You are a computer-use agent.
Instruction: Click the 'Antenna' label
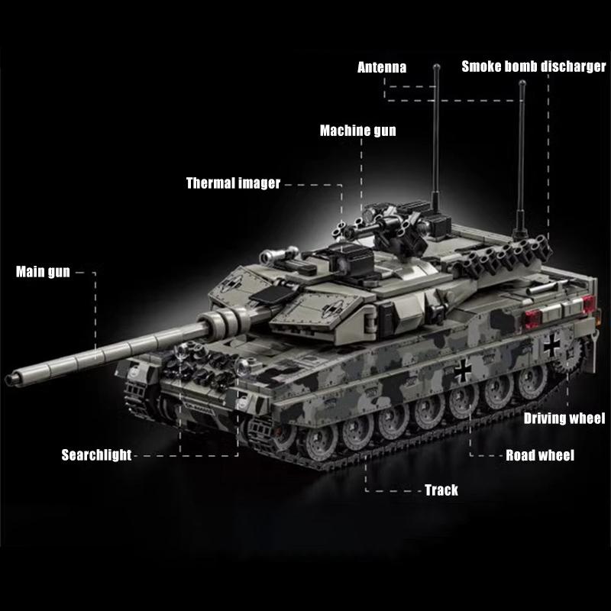(382, 67)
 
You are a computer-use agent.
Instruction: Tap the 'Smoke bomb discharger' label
(533, 66)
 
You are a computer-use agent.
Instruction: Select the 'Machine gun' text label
(357, 131)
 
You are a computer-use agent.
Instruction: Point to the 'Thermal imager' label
(233, 183)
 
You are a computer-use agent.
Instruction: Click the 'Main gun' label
(43, 271)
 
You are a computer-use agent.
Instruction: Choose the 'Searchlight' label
(96, 456)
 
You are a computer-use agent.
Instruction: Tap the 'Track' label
(441, 490)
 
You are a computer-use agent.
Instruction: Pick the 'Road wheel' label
(540, 456)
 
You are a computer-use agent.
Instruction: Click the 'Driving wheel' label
(564, 418)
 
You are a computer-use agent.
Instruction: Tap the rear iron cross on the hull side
(551, 345)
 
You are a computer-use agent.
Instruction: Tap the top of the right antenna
(522, 85)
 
